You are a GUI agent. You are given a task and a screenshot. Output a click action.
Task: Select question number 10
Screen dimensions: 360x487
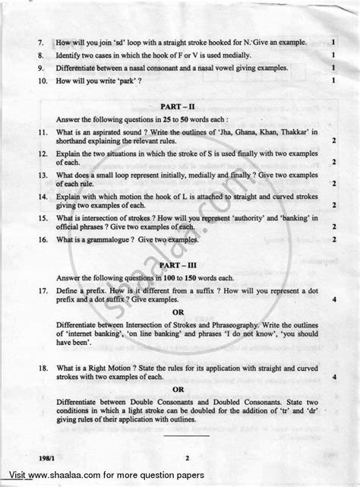41,80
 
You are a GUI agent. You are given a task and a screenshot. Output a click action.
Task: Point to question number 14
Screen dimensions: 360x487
41,195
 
